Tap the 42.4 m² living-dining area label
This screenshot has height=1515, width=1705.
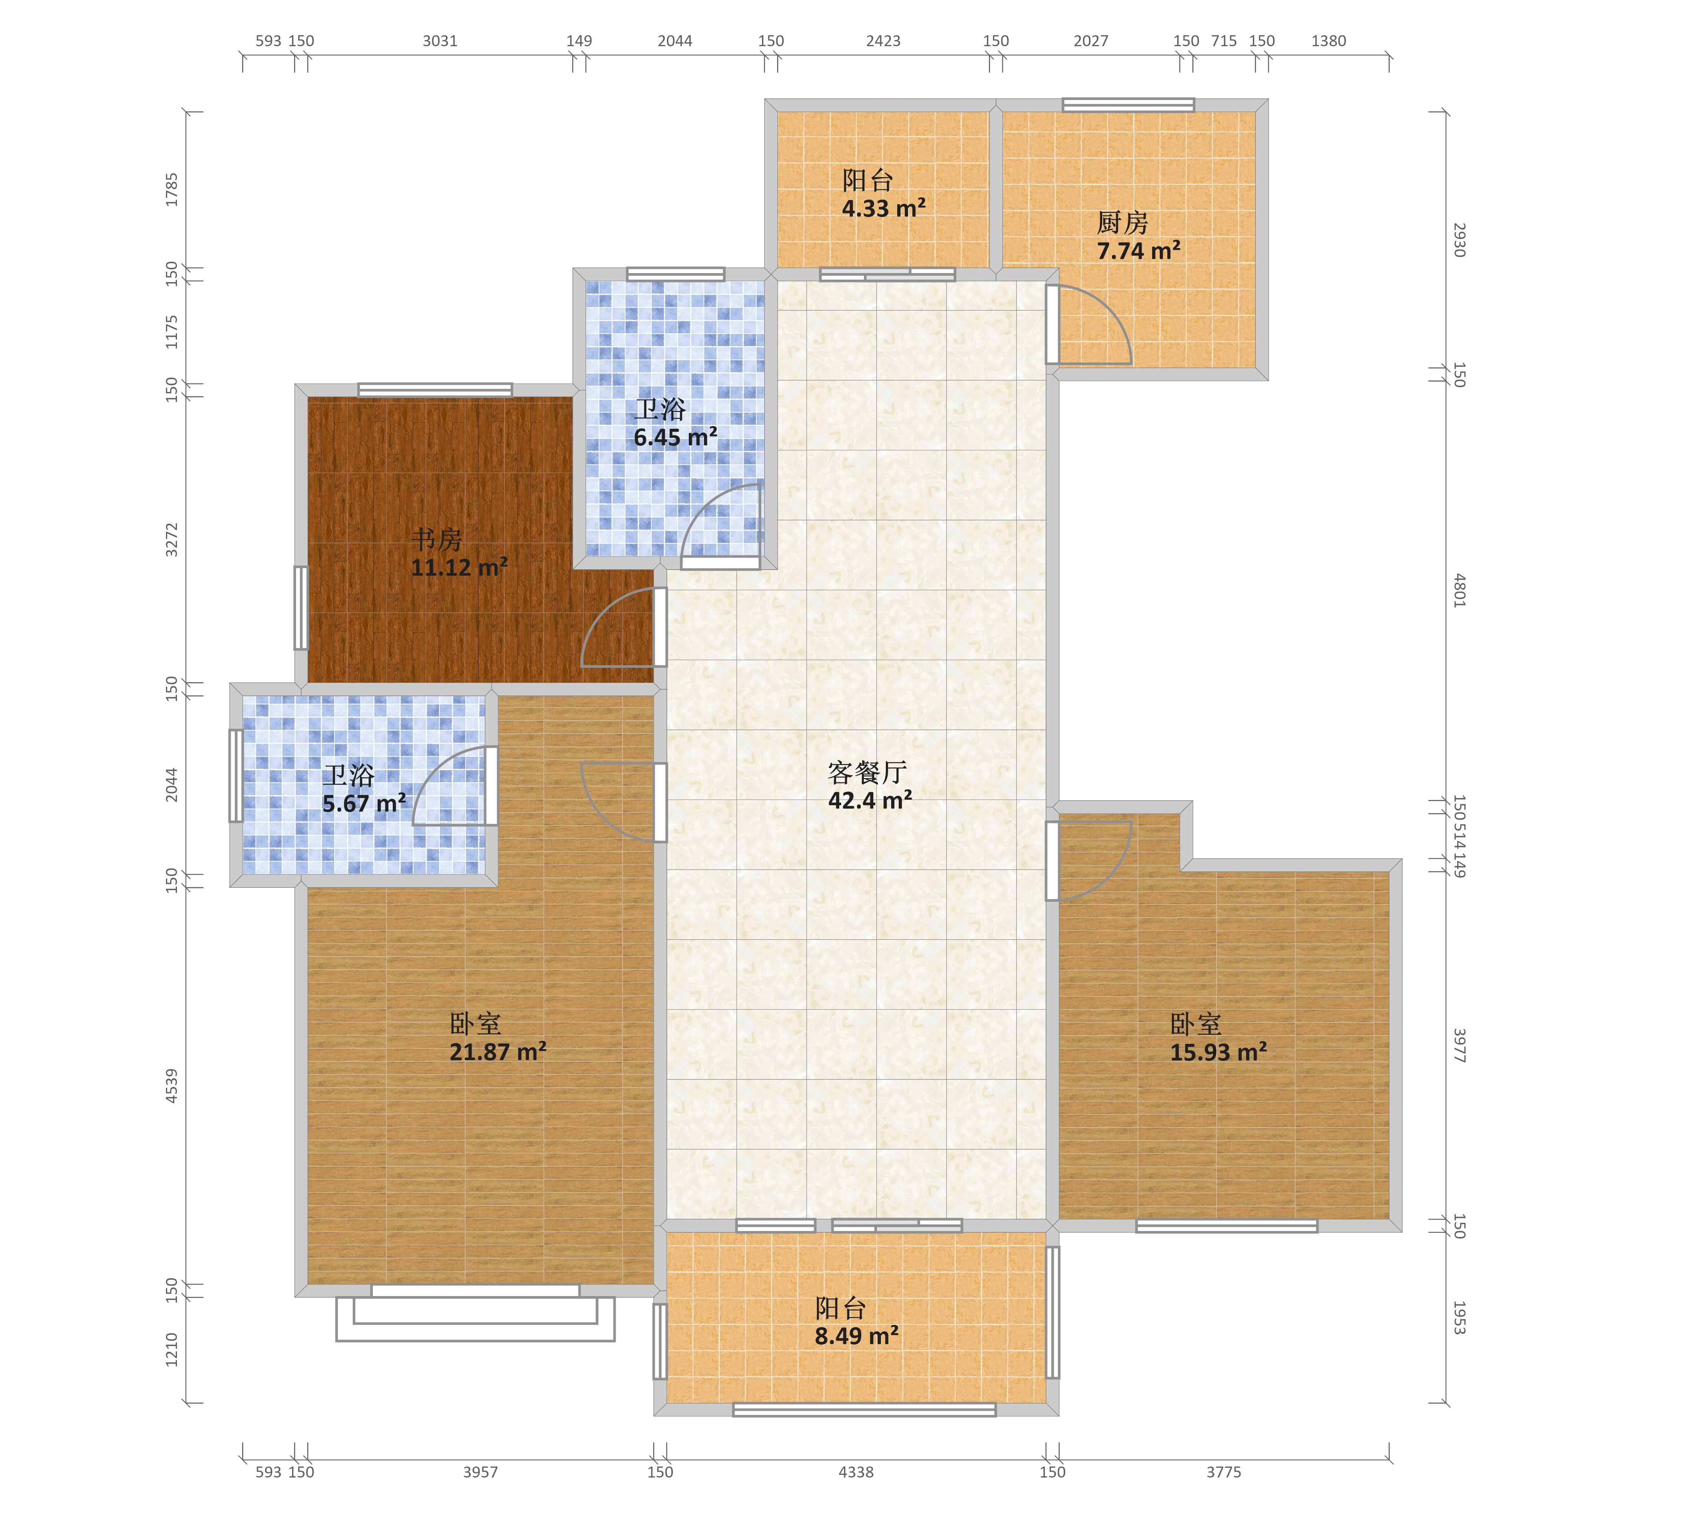(x=870, y=800)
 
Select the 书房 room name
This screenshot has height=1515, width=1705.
(x=436, y=539)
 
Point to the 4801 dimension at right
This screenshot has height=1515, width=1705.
(x=1459, y=590)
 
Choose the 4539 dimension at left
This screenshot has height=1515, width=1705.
(x=172, y=1086)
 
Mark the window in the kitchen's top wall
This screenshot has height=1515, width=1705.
(x=1128, y=105)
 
